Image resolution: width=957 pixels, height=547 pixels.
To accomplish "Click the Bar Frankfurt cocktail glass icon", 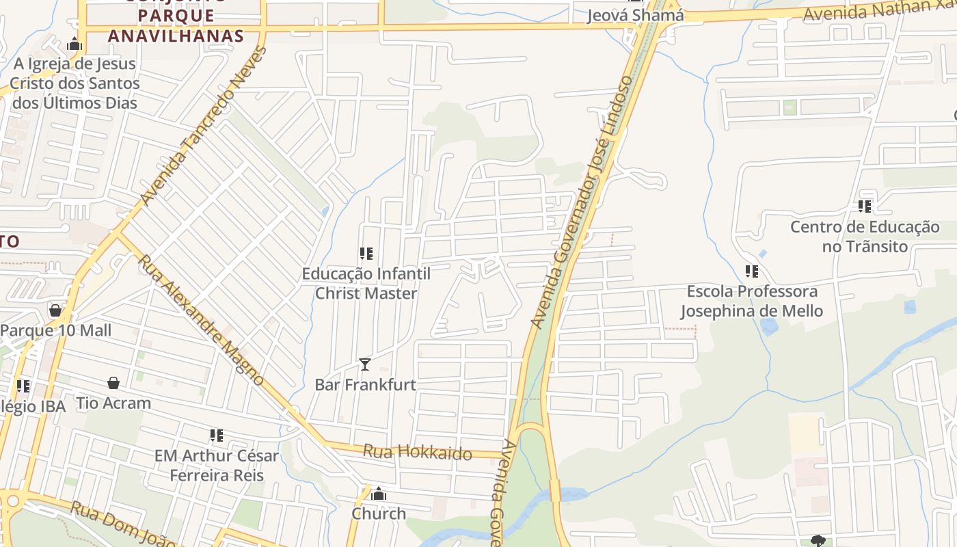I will pyautogui.click(x=365, y=364).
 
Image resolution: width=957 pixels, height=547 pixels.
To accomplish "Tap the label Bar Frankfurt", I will pyautogui.click(x=365, y=384).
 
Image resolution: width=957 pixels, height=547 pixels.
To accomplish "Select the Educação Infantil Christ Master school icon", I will pyautogui.click(x=366, y=254).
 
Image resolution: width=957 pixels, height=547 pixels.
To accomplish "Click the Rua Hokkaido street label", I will pyautogui.click(x=417, y=452).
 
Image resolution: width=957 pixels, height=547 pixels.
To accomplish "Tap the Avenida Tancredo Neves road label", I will pyautogui.click(x=203, y=126).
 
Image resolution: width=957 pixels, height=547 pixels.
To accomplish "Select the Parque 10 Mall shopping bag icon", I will pyautogui.click(x=55, y=311).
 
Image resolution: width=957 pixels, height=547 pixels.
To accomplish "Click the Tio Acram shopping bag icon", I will pyautogui.click(x=113, y=383).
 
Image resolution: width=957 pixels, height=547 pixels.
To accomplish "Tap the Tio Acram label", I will pyautogui.click(x=113, y=403).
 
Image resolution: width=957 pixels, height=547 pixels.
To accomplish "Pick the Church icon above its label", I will pyautogui.click(x=379, y=494).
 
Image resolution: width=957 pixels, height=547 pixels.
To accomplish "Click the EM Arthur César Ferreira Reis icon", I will pyautogui.click(x=217, y=436).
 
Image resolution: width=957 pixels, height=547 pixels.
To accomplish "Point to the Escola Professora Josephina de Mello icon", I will pyautogui.click(x=752, y=271).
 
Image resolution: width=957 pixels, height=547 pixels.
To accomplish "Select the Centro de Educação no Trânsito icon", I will pyautogui.click(x=865, y=206).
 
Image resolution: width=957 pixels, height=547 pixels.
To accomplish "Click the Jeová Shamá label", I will pyautogui.click(x=635, y=15).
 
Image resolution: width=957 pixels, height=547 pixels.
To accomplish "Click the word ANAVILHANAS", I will pyautogui.click(x=176, y=36).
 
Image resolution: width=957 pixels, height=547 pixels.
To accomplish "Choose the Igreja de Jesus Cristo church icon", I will pyautogui.click(x=75, y=45).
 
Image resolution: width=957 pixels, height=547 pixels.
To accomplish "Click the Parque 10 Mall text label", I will pyautogui.click(x=55, y=330).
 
